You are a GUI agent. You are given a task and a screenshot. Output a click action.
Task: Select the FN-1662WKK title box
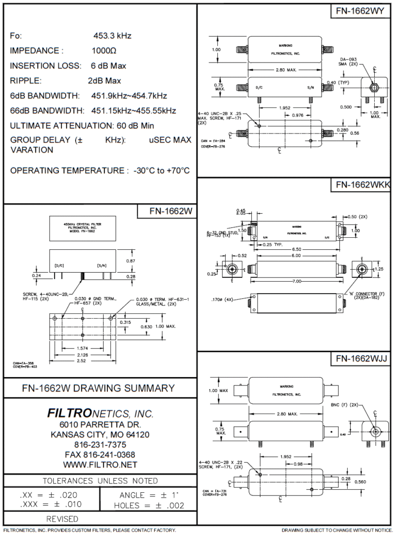[x=360, y=185]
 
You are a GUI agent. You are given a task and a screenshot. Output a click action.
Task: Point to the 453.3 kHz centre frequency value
[x=112, y=36]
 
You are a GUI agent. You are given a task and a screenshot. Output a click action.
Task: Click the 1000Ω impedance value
[x=104, y=51]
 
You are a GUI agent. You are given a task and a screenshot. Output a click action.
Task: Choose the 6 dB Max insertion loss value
[x=108, y=66]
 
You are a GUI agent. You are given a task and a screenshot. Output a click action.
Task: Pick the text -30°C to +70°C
[x=161, y=171]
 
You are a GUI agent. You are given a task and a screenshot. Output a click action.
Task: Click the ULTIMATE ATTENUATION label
[x=60, y=126]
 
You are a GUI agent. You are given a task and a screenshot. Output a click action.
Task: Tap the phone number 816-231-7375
[x=100, y=445]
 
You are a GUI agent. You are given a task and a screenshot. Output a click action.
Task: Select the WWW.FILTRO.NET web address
[x=100, y=465]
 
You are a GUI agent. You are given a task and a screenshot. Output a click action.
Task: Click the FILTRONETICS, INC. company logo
[x=100, y=414]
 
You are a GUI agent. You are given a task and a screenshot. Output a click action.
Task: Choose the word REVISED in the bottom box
[x=63, y=519]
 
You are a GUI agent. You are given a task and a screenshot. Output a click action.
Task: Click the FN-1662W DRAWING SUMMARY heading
[x=98, y=389]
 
